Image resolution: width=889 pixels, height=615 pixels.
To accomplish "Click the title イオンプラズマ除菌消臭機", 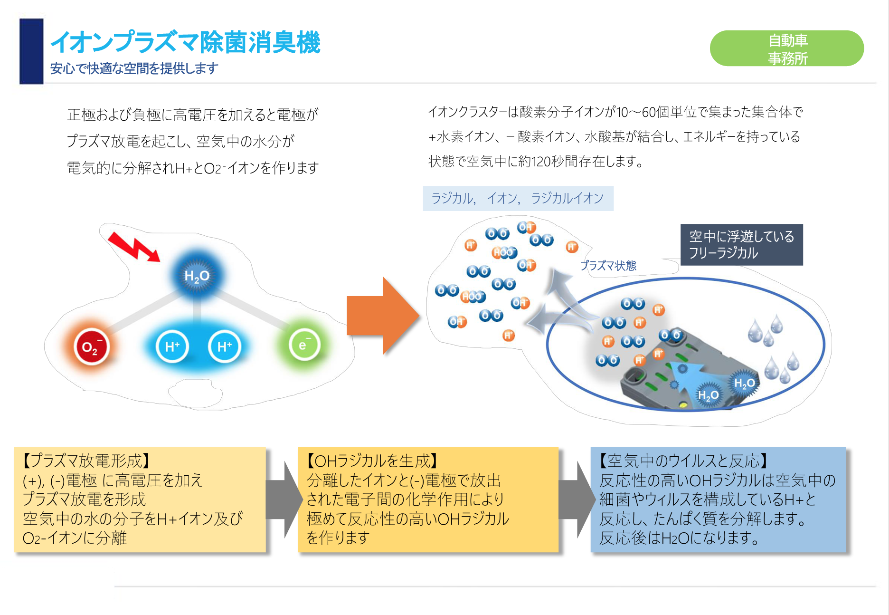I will coord(185,42).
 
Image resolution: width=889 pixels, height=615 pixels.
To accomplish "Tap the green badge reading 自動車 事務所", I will coord(786,48).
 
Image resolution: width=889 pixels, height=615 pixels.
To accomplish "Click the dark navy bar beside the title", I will coord(31,51).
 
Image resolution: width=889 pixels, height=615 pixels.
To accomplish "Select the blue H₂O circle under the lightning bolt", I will coord(197,276).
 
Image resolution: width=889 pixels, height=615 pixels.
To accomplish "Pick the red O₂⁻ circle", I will coord(91,347).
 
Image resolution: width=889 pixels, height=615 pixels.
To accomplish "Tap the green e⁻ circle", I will coord(304,345).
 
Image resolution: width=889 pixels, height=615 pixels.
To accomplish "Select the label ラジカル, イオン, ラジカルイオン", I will coord(518,198).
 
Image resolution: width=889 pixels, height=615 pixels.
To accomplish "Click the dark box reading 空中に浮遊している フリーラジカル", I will coord(741,245).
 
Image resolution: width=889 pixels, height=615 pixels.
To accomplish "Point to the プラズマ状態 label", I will coord(608,266).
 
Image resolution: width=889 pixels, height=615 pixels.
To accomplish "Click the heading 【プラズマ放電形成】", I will coord(86,461).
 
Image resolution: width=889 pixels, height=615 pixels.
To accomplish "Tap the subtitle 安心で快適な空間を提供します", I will coord(134,68).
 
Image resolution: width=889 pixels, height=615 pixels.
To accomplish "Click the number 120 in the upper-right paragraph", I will coord(542,162).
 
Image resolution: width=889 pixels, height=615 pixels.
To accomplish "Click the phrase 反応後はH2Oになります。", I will coord(679,538).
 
